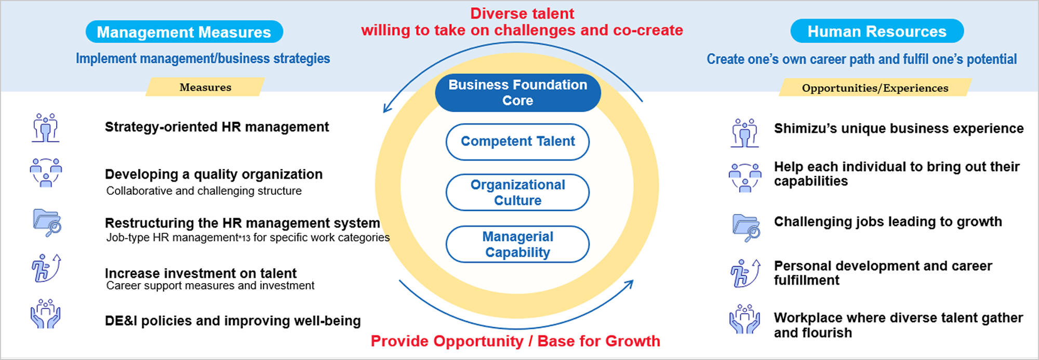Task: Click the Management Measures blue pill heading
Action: [184, 32]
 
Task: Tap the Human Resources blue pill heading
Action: [877, 31]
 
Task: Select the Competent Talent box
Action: [517, 141]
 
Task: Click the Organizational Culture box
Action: [517, 192]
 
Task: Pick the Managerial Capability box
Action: [517, 244]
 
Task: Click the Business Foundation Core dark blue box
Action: [517, 92]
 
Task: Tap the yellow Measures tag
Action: [205, 87]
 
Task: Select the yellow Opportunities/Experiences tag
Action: [875, 88]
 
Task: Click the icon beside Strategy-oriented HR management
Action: [46, 128]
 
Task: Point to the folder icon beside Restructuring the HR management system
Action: [47, 222]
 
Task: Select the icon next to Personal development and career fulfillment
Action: [745, 273]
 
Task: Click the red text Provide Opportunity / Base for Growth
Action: [515, 341]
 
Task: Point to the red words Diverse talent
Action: [522, 14]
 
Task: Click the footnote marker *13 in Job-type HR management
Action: [244, 238]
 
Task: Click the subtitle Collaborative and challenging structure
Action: [204, 191]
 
